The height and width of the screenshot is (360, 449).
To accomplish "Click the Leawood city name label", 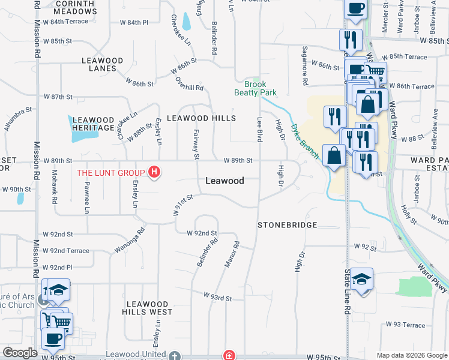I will coord(224,181).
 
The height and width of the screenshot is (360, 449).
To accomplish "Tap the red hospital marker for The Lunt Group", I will coord(155,173).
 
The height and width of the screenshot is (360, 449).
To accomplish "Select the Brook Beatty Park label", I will coord(255,89).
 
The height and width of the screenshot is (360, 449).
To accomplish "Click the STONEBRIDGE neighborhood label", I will coord(287,225).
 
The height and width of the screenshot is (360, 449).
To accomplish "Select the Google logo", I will coord(20,353).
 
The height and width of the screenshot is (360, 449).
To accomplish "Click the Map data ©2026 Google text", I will coord(411,355).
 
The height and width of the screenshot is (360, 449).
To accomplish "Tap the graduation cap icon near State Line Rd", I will coord(363,279).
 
